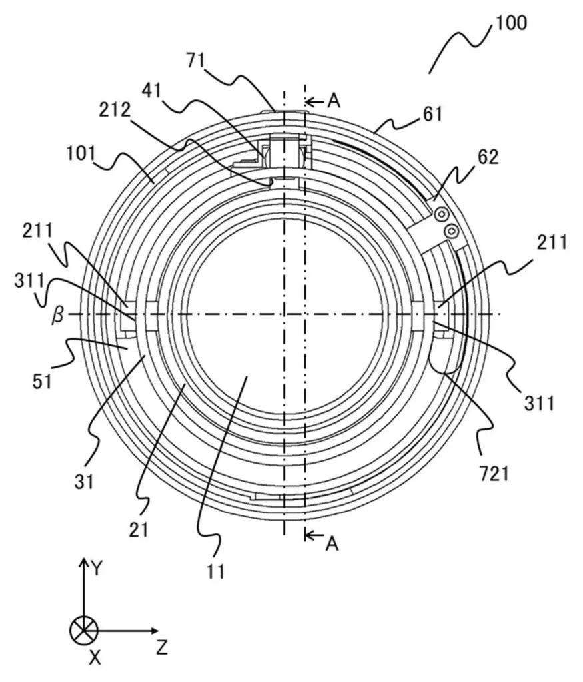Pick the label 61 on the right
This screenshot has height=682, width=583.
431,114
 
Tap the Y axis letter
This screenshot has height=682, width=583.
97,568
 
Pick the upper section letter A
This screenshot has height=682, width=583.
334,100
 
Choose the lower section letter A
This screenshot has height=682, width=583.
332,544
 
